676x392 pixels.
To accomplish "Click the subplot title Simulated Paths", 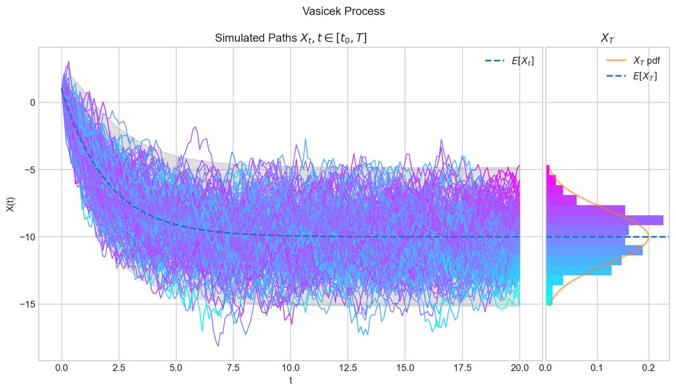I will [291, 38].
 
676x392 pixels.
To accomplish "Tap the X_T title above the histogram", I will [607, 38].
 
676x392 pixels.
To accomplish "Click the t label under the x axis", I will [291, 380].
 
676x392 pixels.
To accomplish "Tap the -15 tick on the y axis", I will [25, 304].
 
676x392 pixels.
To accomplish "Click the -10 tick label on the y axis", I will [25, 237].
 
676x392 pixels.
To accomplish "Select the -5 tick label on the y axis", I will [27, 170].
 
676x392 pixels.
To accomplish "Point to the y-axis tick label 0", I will [33, 103].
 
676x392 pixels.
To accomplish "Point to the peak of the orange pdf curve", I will [649, 237].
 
